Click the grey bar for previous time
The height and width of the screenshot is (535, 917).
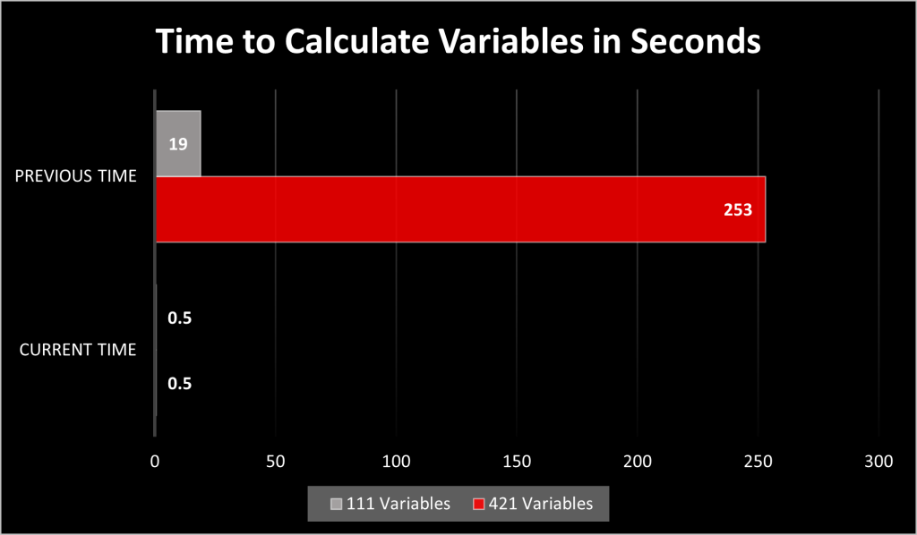[x=178, y=143]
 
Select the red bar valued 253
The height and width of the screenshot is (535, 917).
[x=461, y=209]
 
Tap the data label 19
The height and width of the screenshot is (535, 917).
[x=178, y=144]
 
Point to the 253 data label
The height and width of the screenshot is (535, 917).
[x=738, y=209]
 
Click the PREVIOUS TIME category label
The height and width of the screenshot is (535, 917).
[x=76, y=176]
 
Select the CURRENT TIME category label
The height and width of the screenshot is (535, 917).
[x=78, y=349]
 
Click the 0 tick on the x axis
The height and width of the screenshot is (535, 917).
[x=155, y=462]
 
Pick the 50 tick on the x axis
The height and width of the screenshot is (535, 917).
[x=276, y=462]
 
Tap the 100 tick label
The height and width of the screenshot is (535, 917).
[x=397, y=462]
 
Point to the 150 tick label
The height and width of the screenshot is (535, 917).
[x=517, y=462]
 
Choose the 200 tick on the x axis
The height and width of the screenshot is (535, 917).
[x=638, y=462]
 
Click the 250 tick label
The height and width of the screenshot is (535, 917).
[x=758, y=462]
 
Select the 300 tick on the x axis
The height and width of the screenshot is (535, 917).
[x=879, y=462]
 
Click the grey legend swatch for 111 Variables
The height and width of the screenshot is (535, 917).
[x=337, y=504]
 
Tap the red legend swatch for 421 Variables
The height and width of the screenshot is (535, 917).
[x=479, y=504]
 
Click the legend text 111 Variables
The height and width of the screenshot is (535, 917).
[x=399, y=504]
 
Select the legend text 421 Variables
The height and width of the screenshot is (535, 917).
[x=541, y=504]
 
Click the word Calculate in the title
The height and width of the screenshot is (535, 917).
[x=358, y=41]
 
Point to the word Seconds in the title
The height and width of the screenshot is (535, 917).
[x=696, y=41]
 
